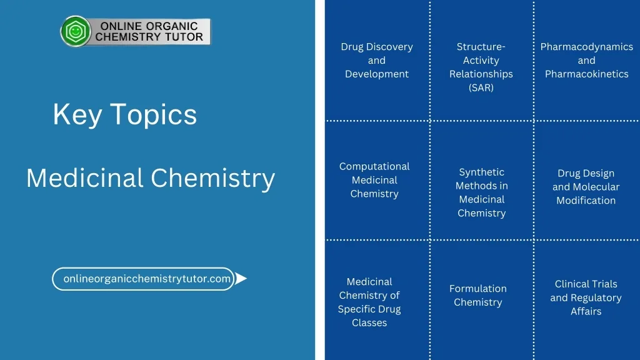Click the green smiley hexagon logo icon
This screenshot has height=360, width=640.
[76, 31]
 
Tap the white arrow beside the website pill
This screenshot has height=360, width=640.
[241, 278]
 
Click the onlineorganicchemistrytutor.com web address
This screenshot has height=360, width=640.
[147, 278]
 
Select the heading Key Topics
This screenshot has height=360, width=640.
[125, 114]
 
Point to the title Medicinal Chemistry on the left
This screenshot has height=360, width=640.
[151, 178]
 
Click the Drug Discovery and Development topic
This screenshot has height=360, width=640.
[377, 60]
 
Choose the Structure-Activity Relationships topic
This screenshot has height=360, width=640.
[481, 67]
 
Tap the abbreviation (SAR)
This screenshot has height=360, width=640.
[481, 87]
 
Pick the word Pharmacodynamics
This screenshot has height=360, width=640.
[586, 46]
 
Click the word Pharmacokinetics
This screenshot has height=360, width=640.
[586, 74]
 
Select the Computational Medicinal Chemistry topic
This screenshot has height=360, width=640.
[374, 180]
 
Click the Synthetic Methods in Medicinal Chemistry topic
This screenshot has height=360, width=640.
[482, 192]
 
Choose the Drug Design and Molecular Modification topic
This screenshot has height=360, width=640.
[586, 186]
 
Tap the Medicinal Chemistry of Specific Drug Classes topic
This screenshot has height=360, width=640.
[369, 302]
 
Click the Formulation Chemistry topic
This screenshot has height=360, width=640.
[478, 295]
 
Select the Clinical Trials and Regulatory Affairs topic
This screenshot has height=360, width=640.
[586, 297]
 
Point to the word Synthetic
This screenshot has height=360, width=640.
[482, 172]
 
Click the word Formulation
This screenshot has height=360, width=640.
[478, 289]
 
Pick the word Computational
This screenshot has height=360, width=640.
[374, 166]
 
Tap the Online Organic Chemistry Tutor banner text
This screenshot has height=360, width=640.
[149, 31]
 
